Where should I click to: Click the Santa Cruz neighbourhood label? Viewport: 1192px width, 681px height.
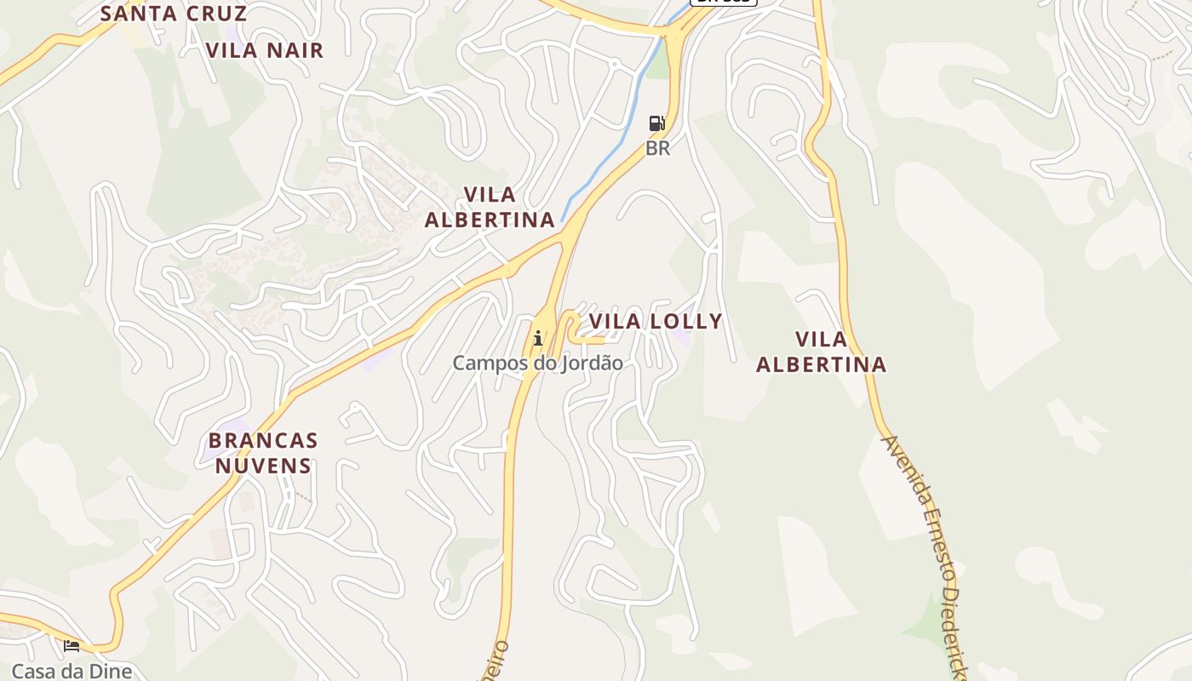174,14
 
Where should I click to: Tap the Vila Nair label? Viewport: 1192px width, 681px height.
265,50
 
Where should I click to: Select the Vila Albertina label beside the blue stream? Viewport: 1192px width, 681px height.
490,207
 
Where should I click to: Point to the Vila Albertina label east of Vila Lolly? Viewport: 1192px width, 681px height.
822,352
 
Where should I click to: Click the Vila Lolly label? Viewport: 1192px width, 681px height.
656,321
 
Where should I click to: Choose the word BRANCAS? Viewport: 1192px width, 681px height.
263,441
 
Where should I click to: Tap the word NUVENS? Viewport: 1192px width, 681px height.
263,466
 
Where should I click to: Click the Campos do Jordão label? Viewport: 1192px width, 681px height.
537,363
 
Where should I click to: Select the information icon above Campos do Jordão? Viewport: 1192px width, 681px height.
537,339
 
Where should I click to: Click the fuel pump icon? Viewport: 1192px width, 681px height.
656,123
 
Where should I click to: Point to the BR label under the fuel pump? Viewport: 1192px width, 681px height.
657,148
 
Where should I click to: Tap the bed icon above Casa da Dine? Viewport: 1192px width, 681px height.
72,646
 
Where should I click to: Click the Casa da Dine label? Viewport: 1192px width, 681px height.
72,671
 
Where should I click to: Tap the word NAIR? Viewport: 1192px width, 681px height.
295,50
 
